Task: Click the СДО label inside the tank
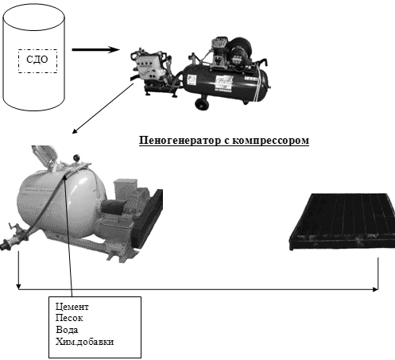pyautogui.click(x=37, y=60)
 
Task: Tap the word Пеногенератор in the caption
pyautogui.click(x=180, y=140)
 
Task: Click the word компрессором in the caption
pyautogui.click(x=270, y=141)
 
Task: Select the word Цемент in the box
pyautogui.click(x=72, y=307)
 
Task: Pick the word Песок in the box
pyautogui.click(x=69, y=318)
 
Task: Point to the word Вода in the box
pyautogui.click(x=67, y=330)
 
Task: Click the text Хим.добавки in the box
pyautogui.click(x=84, y=342)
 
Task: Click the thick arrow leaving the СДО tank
pyautogui.click(x=95, y=49)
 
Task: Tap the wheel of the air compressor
pyautogui.click(x=202, y=103)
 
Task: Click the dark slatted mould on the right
pyautogui.click(x=342, y=222)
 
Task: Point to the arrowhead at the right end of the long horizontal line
pyautogui.click(x=375, y=289)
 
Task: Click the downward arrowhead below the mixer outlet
pyautogui.click(x=18, y=286)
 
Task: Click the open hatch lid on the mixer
pyautogui.click(x=45, y=157)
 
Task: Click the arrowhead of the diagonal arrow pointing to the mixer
pyautogui.click(x=75, y=131)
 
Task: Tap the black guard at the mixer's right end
pyautogui.click(x=149, y=218)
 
